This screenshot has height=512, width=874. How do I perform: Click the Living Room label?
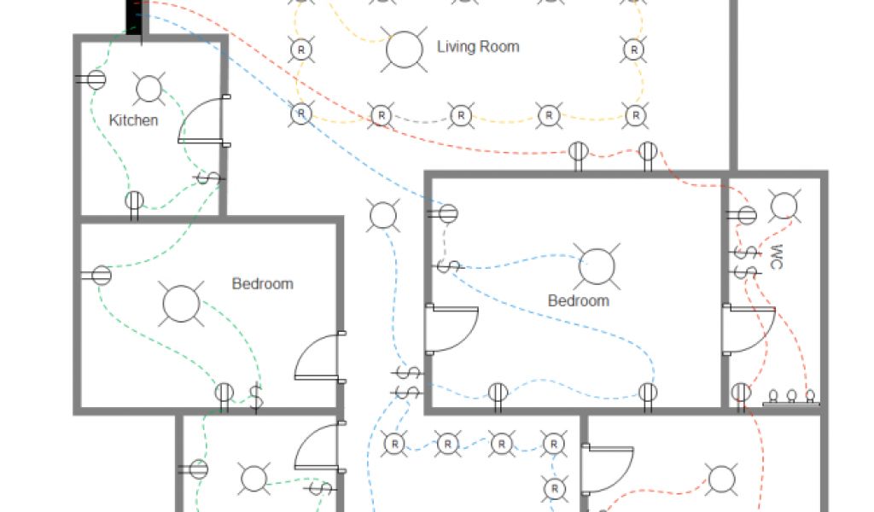click(478, 47)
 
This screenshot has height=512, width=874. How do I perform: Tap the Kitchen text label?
click(134, 120)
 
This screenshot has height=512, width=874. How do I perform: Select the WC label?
click(776, 257)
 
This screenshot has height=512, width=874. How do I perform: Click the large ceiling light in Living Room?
click(405, 49)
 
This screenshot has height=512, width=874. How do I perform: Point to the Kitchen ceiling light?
click(149, 89)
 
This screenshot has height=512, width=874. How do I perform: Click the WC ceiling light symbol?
click(784, 206)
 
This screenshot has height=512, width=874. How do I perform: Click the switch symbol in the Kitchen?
click(208, 178)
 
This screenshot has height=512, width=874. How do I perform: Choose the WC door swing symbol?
click(747, 329)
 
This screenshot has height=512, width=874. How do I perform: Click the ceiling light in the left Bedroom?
click(181, 303)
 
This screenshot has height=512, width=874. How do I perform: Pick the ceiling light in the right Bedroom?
click(597, 265)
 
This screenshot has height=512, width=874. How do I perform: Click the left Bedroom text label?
click(263, 283)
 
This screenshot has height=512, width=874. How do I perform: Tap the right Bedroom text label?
click(579, 300)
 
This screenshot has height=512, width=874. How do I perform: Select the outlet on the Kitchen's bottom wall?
click(134, 202)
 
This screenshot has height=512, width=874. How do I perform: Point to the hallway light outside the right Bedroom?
click(383, 215)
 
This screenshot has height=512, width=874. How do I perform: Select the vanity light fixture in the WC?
click(792, 398)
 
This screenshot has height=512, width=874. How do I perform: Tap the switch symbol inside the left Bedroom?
click(255, 399)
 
